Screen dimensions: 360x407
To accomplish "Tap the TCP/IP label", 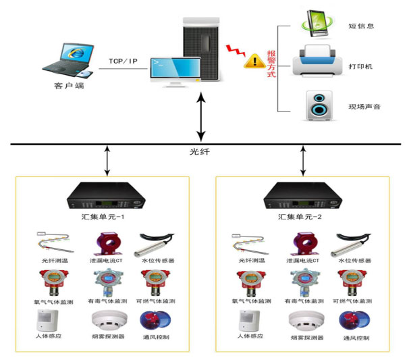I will tap(123, 61).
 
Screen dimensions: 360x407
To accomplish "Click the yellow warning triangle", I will tap(254, 60).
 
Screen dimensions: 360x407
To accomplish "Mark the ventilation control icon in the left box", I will tap(151, 320).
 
